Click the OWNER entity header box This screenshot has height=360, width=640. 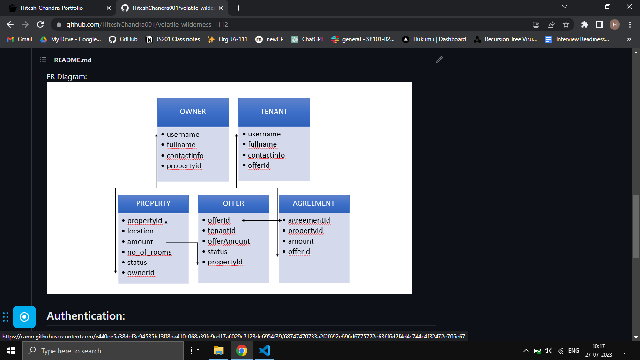pyautogui.click(x=193, y=112)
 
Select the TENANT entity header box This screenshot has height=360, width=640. pyautogui.click(x=274, y=112)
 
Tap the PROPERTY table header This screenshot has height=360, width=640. pyautogui.click(x=153, y=203)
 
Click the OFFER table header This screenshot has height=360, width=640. pyautogui.click(x=233, y=203)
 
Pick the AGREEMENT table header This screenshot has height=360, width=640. pyautogui.click(x=314, y=203)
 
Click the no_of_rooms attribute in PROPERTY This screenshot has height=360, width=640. pyautogui.click(x=149, y=252)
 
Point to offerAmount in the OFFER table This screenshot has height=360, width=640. pyautogui.click(x=229, y=241)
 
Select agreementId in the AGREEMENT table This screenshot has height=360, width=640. pyautogui.click(x=309, y=220)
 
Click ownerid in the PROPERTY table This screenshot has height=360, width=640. pyautogui.click(x=141, y=273)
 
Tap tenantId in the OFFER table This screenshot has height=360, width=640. pyautogui.click(x=222, y=231)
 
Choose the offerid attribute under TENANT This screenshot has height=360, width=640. pyautogui.click(x=259, y=165)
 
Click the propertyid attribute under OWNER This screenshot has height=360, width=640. pyautogui.click(x=184, y=166)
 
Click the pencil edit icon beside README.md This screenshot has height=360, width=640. pyautogui.click(x=439, y=60)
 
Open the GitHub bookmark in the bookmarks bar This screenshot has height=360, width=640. pyautogui.click(x=123, y=39)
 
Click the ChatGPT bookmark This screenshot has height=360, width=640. pyautogui.click(x=307, y=39)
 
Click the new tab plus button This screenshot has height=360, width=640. pyautogui.click(x=238, y=8)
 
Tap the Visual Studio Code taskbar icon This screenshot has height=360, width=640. pyautogui.click(x=265, y=351)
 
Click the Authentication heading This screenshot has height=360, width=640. pyautogui.click(x=86, y=316)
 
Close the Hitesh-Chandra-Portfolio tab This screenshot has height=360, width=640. pyautogui.click(x=109, y=8)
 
